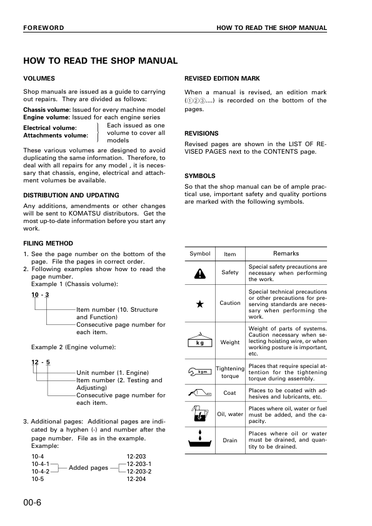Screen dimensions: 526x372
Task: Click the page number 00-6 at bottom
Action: (32, 502)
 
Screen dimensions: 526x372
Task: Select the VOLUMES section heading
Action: (39, 79)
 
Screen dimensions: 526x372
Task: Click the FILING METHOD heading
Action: (48, 243)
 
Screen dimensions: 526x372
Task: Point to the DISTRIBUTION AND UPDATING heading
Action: (71, 195)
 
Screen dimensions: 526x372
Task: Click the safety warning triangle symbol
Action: (199, 273)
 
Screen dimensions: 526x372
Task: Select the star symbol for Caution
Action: (199, 304)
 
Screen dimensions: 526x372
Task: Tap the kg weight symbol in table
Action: (199, 340)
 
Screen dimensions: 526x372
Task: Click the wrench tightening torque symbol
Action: (199, 372)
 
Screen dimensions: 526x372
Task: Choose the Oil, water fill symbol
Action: (199, 413)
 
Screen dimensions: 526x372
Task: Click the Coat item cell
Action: (229, 393)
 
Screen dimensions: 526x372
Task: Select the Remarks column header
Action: (286, 254)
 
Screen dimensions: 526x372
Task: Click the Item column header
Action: (229, 254)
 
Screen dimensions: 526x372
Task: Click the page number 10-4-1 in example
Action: (40, 464)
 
